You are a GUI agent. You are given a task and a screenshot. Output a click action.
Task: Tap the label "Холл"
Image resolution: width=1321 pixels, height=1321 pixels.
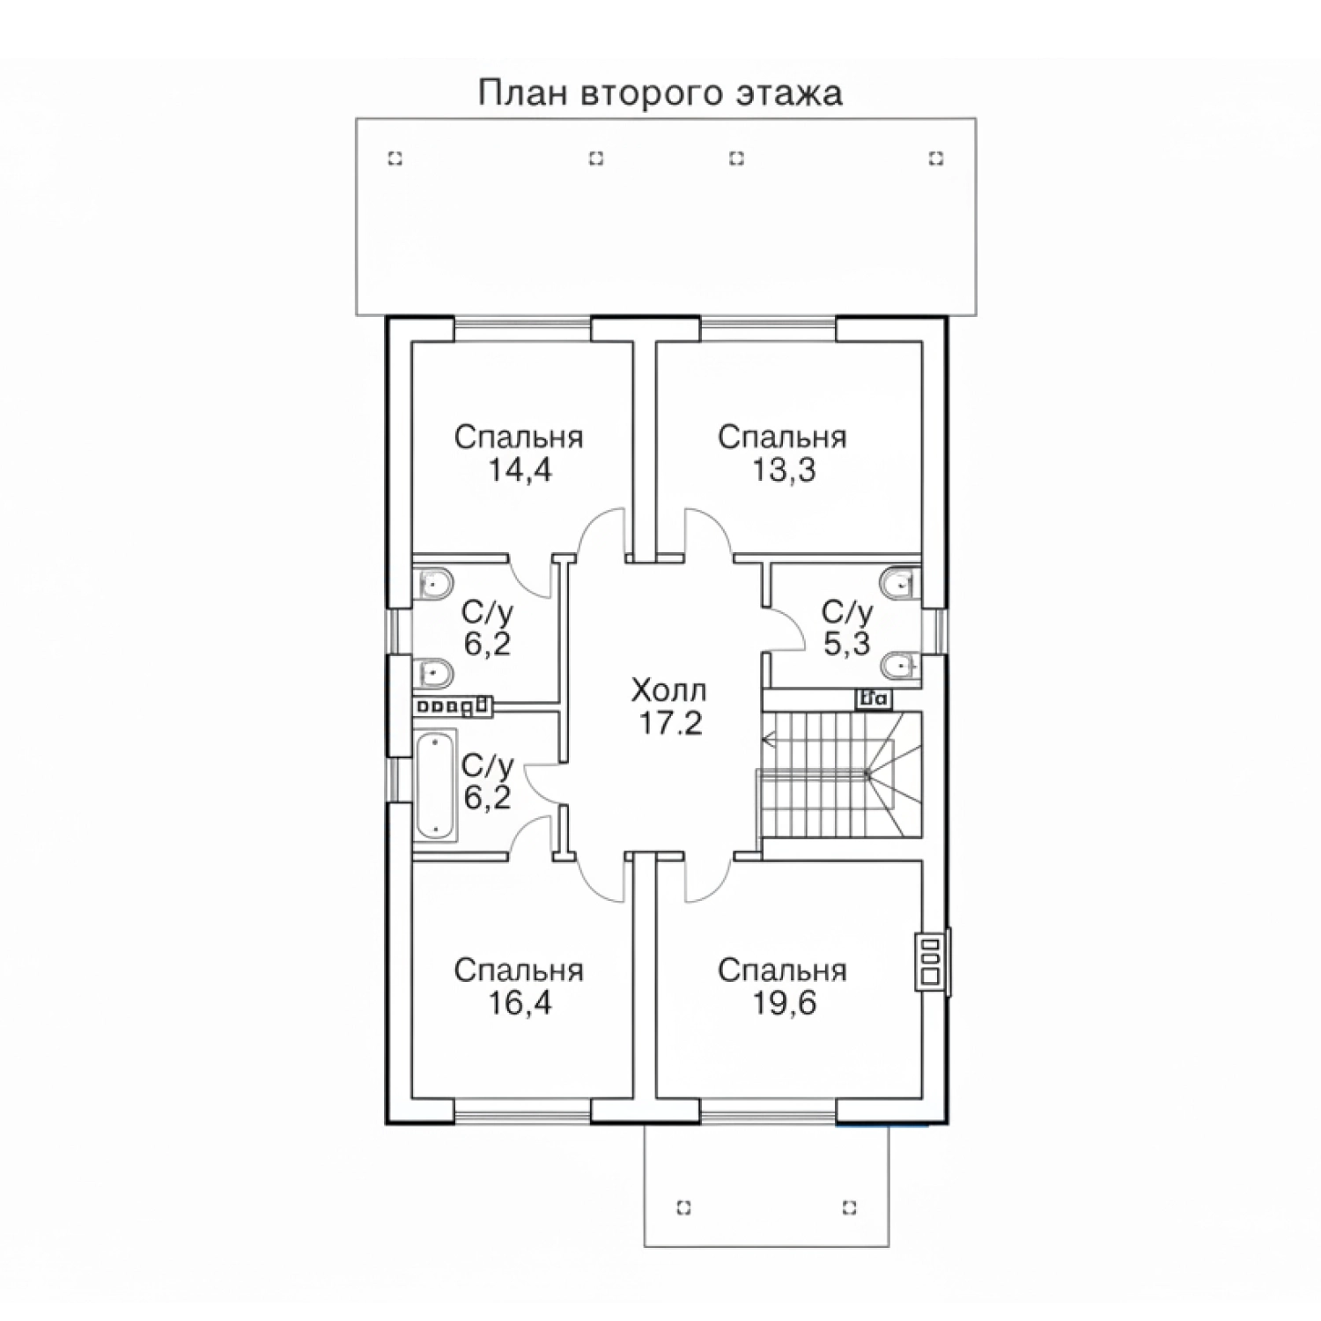pos(668,690)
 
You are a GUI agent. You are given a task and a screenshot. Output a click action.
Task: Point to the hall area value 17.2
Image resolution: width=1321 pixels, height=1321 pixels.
pos(668,723)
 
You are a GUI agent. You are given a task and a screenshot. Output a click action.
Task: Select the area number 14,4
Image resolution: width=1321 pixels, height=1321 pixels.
pos(520,470)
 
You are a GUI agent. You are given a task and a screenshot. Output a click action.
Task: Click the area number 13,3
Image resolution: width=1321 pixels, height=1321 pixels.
pos(783,470)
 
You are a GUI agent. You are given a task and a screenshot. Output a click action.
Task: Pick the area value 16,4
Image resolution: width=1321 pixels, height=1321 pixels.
pos(520,1002)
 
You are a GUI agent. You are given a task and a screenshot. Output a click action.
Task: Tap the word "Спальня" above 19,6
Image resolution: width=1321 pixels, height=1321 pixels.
pos(782,970)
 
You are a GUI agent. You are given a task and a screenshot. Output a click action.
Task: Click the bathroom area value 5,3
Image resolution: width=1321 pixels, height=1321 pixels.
pos(846,644)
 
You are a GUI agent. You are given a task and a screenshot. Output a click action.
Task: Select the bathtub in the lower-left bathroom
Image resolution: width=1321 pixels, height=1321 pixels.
pos(435,784)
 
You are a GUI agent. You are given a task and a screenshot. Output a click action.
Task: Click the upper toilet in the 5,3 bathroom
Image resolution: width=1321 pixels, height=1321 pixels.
pos(898,582)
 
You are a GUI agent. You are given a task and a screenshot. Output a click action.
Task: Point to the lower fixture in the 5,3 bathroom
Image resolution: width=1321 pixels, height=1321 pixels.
pos(898,666)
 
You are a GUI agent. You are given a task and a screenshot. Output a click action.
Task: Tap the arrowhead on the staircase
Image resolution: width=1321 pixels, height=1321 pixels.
pos(768,742)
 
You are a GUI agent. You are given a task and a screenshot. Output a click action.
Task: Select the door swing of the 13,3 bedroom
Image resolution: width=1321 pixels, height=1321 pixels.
pos(709,533)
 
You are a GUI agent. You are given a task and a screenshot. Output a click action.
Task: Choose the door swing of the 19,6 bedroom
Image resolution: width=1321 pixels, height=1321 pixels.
pos(709,878)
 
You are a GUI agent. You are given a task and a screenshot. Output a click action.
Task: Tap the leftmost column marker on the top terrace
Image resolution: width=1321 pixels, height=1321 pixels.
pos(395,159)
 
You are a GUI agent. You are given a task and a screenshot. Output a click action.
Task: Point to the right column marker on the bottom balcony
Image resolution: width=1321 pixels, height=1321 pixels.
pos(850,1207)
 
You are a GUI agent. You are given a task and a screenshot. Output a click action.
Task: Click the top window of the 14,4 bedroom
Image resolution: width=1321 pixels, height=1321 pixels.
pos(522,328)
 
